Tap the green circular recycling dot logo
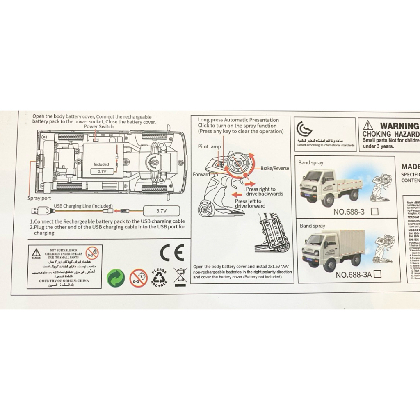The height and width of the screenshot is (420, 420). coord(115,278)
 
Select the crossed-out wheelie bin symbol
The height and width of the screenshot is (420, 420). coord(180,276)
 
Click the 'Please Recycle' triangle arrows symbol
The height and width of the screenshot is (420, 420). coord(160,277)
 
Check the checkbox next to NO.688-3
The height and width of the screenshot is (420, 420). coord(374,212)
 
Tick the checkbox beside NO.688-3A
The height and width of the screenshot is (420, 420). coord(377,274)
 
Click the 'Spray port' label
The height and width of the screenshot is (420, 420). coord(39,198)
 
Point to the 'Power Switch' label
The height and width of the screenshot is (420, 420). coord(98,127)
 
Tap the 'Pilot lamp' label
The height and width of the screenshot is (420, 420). coord(209,146)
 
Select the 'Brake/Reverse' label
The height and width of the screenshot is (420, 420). coord(274,168)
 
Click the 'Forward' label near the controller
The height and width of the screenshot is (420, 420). coord(201,175)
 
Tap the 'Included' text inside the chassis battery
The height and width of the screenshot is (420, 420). coord(101,164)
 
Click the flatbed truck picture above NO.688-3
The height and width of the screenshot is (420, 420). coord(331,186)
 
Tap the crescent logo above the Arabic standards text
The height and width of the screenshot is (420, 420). coord(304,129)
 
